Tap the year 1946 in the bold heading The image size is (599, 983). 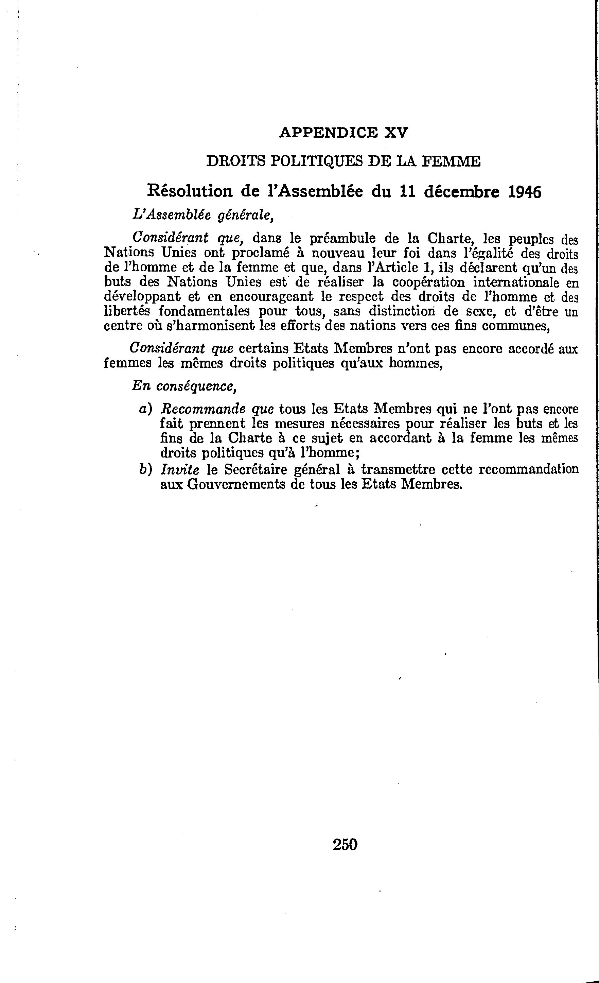click(525, 192)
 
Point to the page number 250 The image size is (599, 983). click(345, 845)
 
